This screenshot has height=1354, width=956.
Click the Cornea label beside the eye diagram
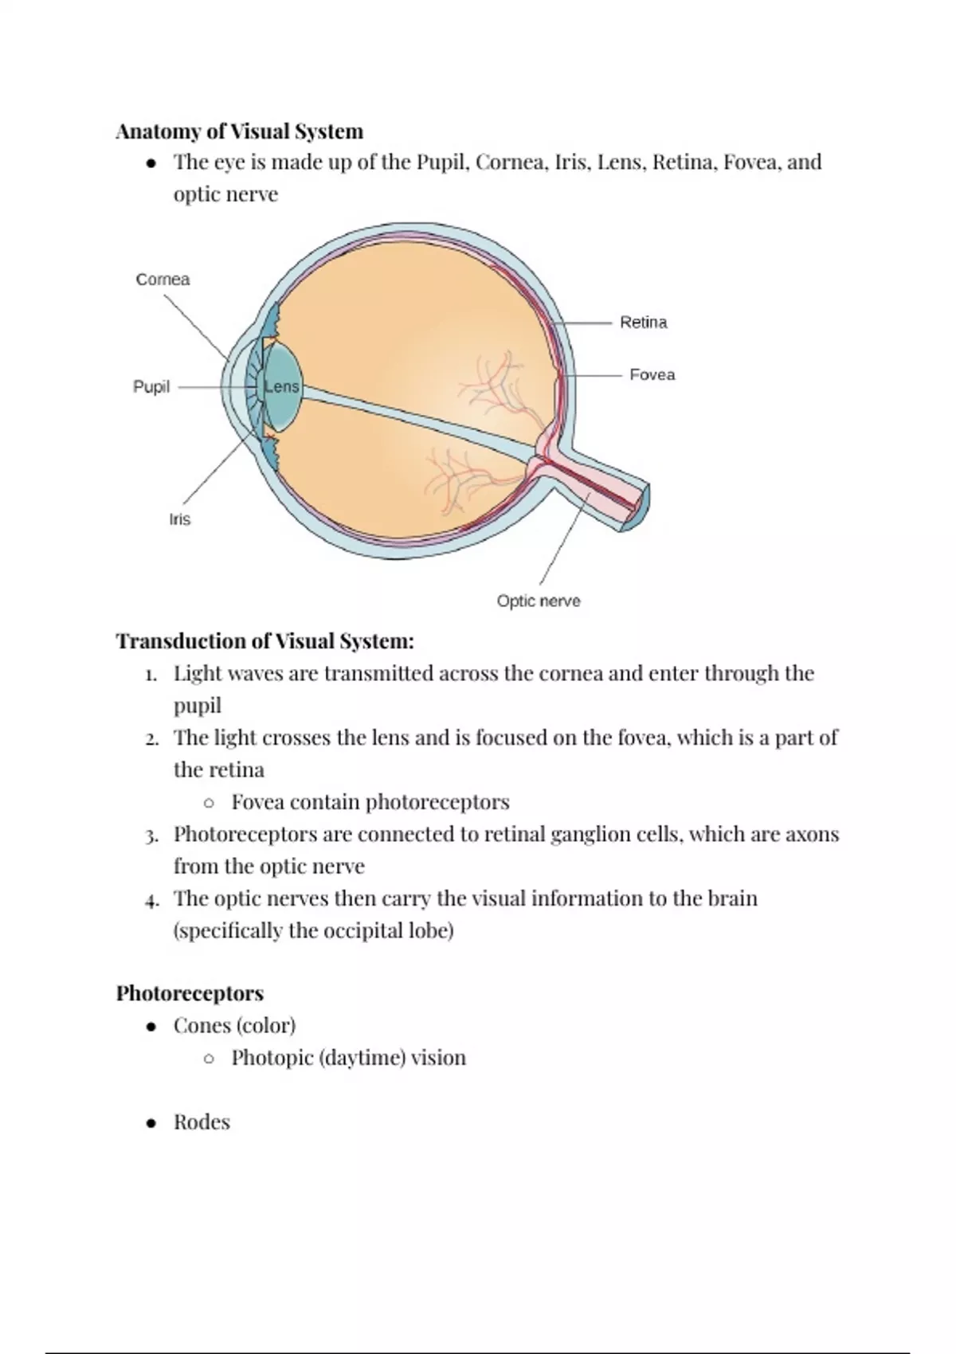pyautogui.click(x=163, y=280)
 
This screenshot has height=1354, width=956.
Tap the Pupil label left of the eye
pyautogui.click(x=151, y=387)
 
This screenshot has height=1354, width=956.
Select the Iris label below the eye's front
pyautogui.click(x=179, y=519)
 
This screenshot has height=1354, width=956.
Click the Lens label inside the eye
pyautogui.click(x=281, y=387)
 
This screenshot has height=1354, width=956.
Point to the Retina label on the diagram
pyautogui.click(x=643, y=323)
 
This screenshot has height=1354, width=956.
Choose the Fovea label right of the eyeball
pyautogui.click(x=652, y=374)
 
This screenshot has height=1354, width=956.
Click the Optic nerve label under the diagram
pyautogui.click(x=538, y=601)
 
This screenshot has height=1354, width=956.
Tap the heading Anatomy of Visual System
pyautogui.click(x=240, y=131)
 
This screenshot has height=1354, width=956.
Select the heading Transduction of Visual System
pyautogui.click(x=265, y=641)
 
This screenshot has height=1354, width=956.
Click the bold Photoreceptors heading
pyautogui.click(x=190, y=993)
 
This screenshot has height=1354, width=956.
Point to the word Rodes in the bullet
pyautogui.click(x=202, y=1122)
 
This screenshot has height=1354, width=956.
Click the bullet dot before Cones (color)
pyautogui.click(x=151, y=1027)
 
